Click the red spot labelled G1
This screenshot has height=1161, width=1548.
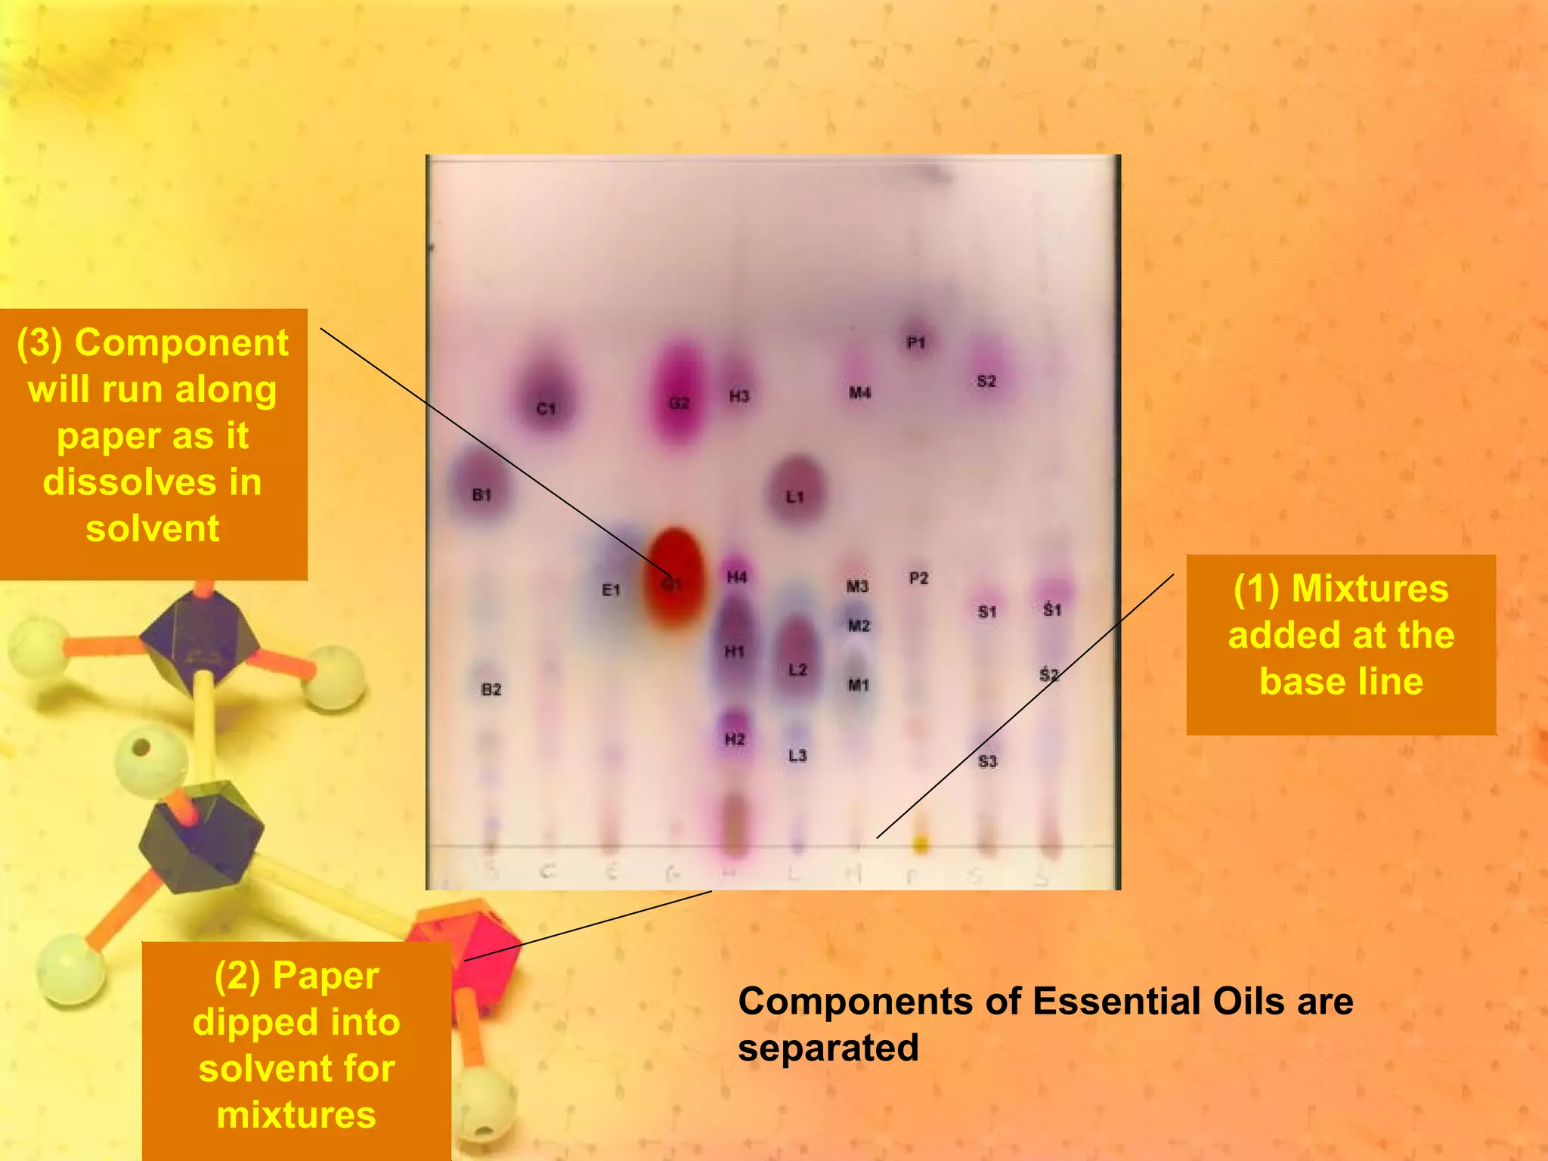coord(673,578)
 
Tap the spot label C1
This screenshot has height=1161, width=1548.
coord(546,409)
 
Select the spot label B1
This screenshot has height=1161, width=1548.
coord(481,494)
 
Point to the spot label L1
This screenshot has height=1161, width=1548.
coord(794,497)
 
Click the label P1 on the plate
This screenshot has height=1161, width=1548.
coord(916,343)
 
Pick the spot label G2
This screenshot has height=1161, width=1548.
coord(679,403)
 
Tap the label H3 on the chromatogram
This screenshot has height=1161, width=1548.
coord(738,396)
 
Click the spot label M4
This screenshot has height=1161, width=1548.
coord(859,392)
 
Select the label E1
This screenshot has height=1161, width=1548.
coord(611,590)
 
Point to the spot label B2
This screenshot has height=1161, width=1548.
coord(491,689)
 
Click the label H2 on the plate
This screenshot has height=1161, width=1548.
coord(734,738)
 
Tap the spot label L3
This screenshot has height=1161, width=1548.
coord(797,755)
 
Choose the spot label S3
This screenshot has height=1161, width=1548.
coord(987,761)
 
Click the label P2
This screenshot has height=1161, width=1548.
coord(918,578)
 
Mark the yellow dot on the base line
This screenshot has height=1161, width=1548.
coord(920,843)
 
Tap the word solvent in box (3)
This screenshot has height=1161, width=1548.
coord(153,528)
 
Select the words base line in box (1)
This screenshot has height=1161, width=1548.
coord(1341,681)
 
